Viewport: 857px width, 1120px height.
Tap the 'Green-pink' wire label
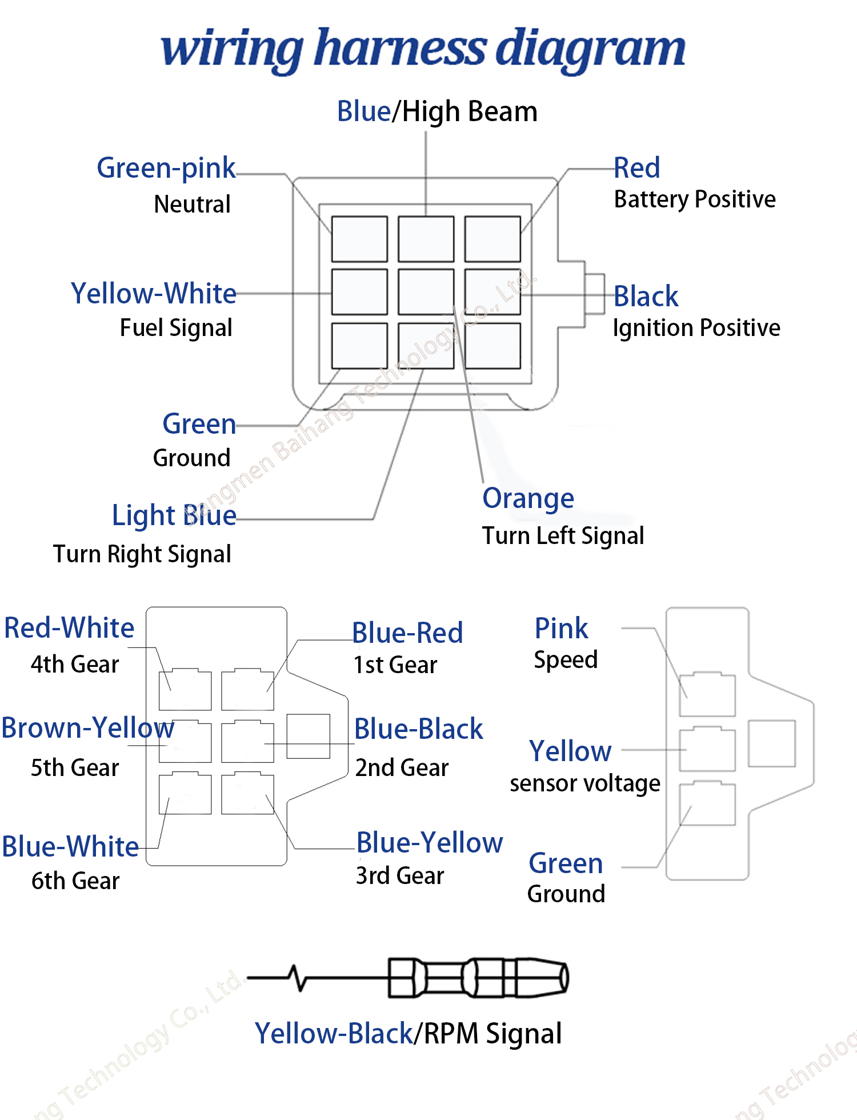pos(166,168)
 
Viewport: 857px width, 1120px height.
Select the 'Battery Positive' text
pos(695,199)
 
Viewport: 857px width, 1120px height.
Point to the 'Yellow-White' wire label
pos(154,293)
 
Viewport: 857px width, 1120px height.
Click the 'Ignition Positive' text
pos(696,328)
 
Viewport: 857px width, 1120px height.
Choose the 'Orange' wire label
pos(528,499)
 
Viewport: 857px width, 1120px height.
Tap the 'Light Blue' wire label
pos(174,515)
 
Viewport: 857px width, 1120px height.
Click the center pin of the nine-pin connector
pos(426,292)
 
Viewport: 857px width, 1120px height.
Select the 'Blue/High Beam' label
pos(437,112)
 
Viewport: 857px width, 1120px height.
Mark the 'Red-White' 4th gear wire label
pos(69,628)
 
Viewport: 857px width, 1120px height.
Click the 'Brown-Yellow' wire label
pos(87,728)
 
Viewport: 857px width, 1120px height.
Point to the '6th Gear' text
pos(75,881)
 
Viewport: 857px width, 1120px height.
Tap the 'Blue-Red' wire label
pos(407,633)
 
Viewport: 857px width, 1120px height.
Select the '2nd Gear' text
pos(402,768)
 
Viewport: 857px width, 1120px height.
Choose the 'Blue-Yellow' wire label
pos(430,843)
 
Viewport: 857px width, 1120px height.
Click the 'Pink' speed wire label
pos(561,629)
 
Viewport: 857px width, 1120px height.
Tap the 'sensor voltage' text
pos(585,783)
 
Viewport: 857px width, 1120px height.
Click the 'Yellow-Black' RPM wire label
pos(334,1034)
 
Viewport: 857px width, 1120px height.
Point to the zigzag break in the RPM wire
pos(298,978)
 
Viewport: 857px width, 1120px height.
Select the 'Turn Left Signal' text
pos(563,536)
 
